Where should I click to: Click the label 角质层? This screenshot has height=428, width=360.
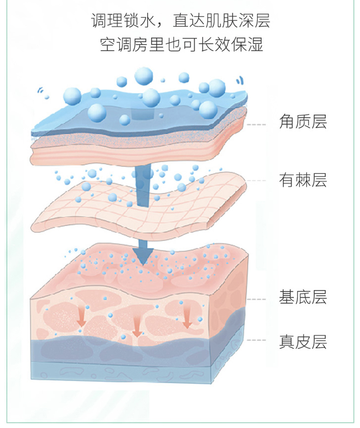tap(303, 122)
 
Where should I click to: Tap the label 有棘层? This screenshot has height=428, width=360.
tap(303, 180)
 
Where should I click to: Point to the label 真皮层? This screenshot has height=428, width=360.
tap(303, 341)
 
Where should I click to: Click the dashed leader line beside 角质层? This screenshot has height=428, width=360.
tap(256, 124)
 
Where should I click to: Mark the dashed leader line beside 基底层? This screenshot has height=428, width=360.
tap(256, 299)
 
